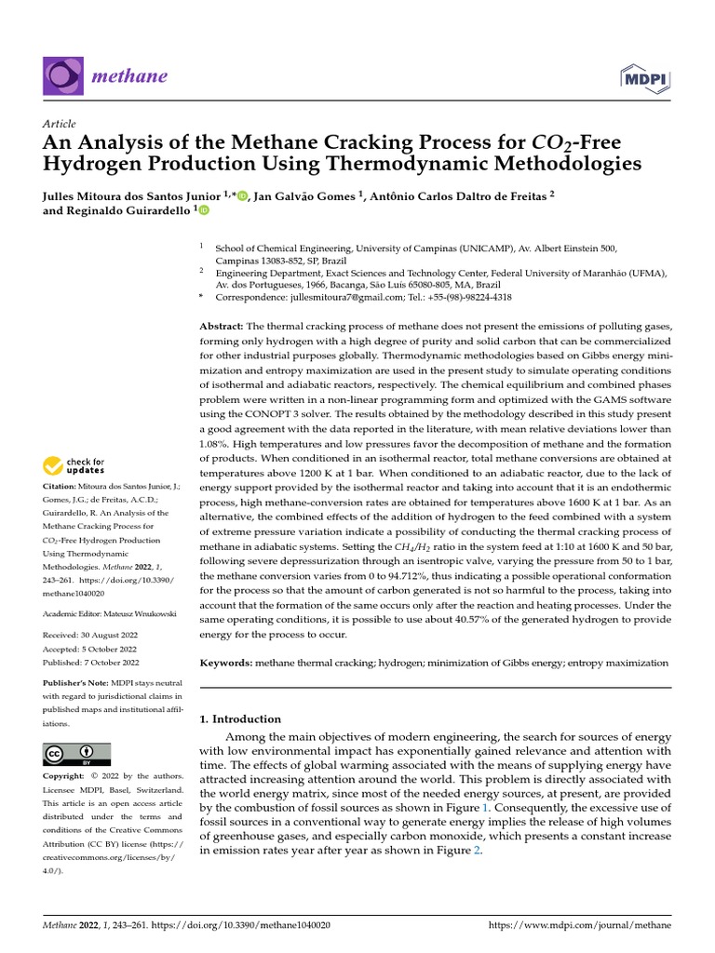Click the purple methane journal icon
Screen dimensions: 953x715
click(x=62, y=75)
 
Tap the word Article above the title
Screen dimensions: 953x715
click(x=60, y=124)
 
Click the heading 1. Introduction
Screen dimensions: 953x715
click(x=241, y=719)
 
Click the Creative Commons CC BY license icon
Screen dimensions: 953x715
click(x=76, y=754)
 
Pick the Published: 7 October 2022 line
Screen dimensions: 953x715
click(x=91, y=662)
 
